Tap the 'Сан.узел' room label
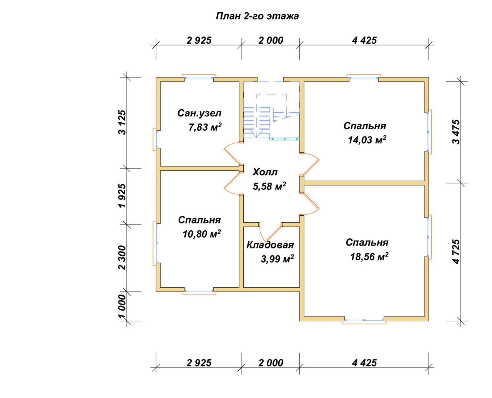199,113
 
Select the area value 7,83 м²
205,127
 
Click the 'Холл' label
265,172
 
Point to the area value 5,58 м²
269,186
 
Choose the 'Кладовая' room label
270,245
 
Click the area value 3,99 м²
277,259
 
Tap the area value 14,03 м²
367,140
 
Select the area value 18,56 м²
369,256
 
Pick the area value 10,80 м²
201,234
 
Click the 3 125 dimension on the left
122,123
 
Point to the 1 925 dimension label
122,196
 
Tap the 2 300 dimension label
122,258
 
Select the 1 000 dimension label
122,306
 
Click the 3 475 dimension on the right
456,132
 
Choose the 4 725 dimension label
456,252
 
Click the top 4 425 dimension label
364,41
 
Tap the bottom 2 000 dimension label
271,363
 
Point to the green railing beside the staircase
284,139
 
